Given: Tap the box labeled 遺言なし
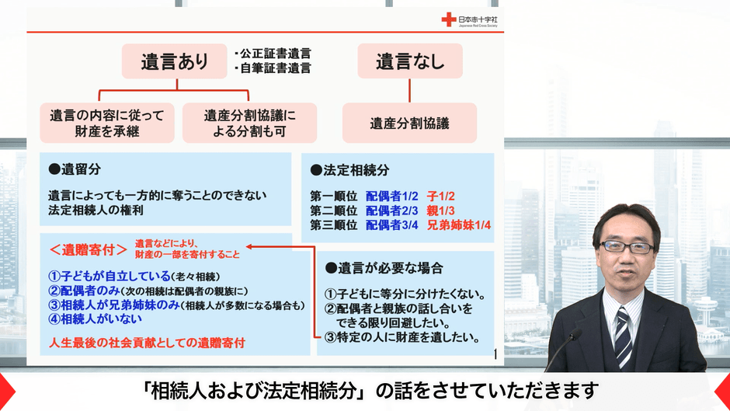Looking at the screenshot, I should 410,61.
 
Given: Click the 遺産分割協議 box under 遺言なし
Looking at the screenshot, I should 410,122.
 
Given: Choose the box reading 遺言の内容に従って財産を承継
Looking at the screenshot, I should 107,123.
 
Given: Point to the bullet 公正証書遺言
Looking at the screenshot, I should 273,54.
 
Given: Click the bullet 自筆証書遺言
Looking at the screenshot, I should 273,68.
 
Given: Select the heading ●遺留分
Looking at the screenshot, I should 75,168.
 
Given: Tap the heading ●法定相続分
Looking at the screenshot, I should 349,169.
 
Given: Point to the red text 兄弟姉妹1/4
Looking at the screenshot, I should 460,225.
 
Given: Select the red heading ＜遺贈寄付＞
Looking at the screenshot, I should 88,249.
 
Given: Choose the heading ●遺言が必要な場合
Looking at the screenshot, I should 384,268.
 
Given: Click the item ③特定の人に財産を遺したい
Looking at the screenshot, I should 401,338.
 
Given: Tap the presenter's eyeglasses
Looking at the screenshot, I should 627,247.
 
